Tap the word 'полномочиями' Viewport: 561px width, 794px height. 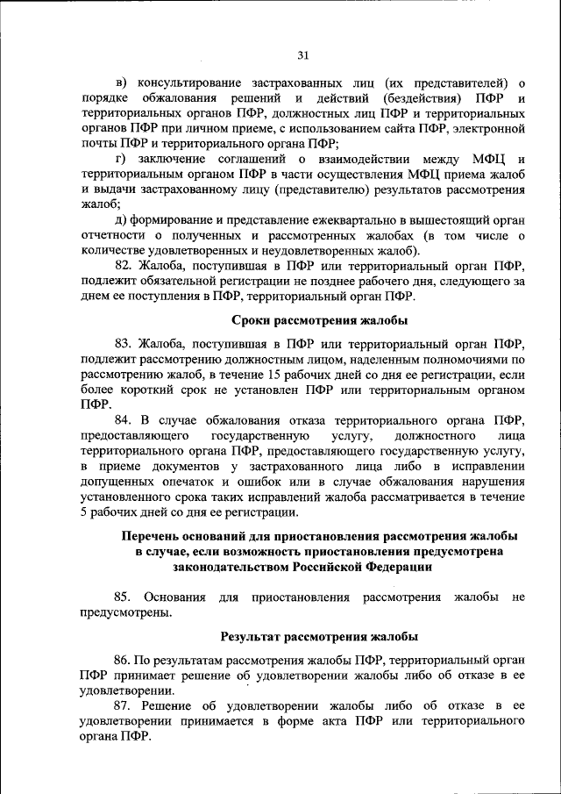[466, 359]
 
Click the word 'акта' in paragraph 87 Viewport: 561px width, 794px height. [330, 721]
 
